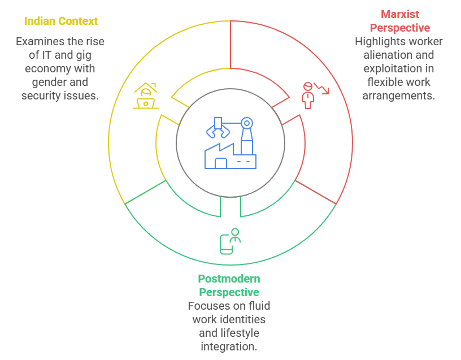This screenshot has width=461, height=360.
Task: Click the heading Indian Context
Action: [61, 21]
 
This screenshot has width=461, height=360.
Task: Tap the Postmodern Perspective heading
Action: [229, 285]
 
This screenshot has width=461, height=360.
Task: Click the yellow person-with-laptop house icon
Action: [146, 96]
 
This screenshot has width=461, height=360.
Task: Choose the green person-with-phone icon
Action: [230, 241]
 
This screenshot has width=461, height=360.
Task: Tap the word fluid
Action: [259, 306]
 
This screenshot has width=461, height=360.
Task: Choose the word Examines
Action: [40, 41]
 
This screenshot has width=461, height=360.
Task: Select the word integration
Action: [229, 346]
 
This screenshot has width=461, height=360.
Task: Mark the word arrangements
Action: [398, 96]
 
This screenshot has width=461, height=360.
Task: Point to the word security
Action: [41, 96]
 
